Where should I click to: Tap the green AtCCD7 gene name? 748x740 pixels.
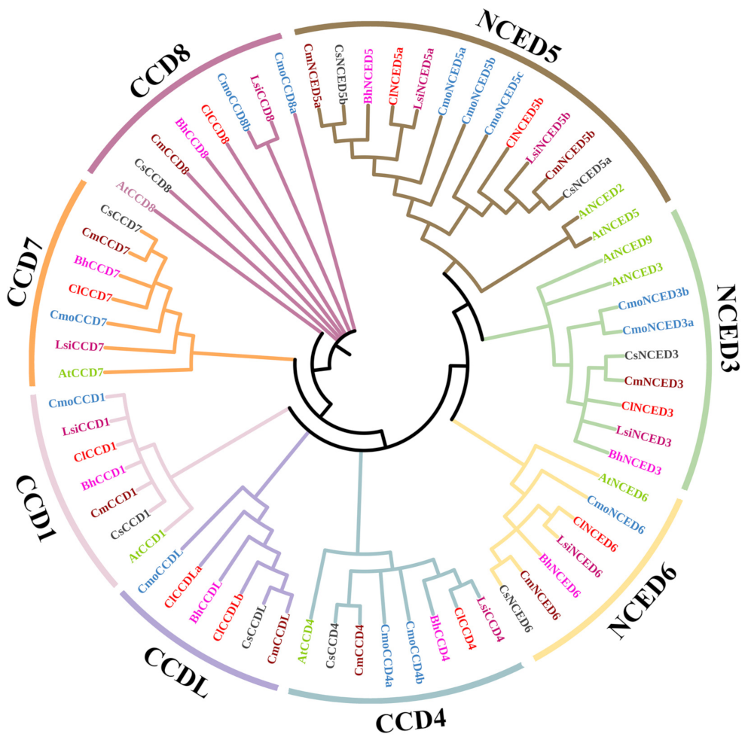tap(81, 372)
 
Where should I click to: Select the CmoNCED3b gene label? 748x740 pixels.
tap(653, 304)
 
